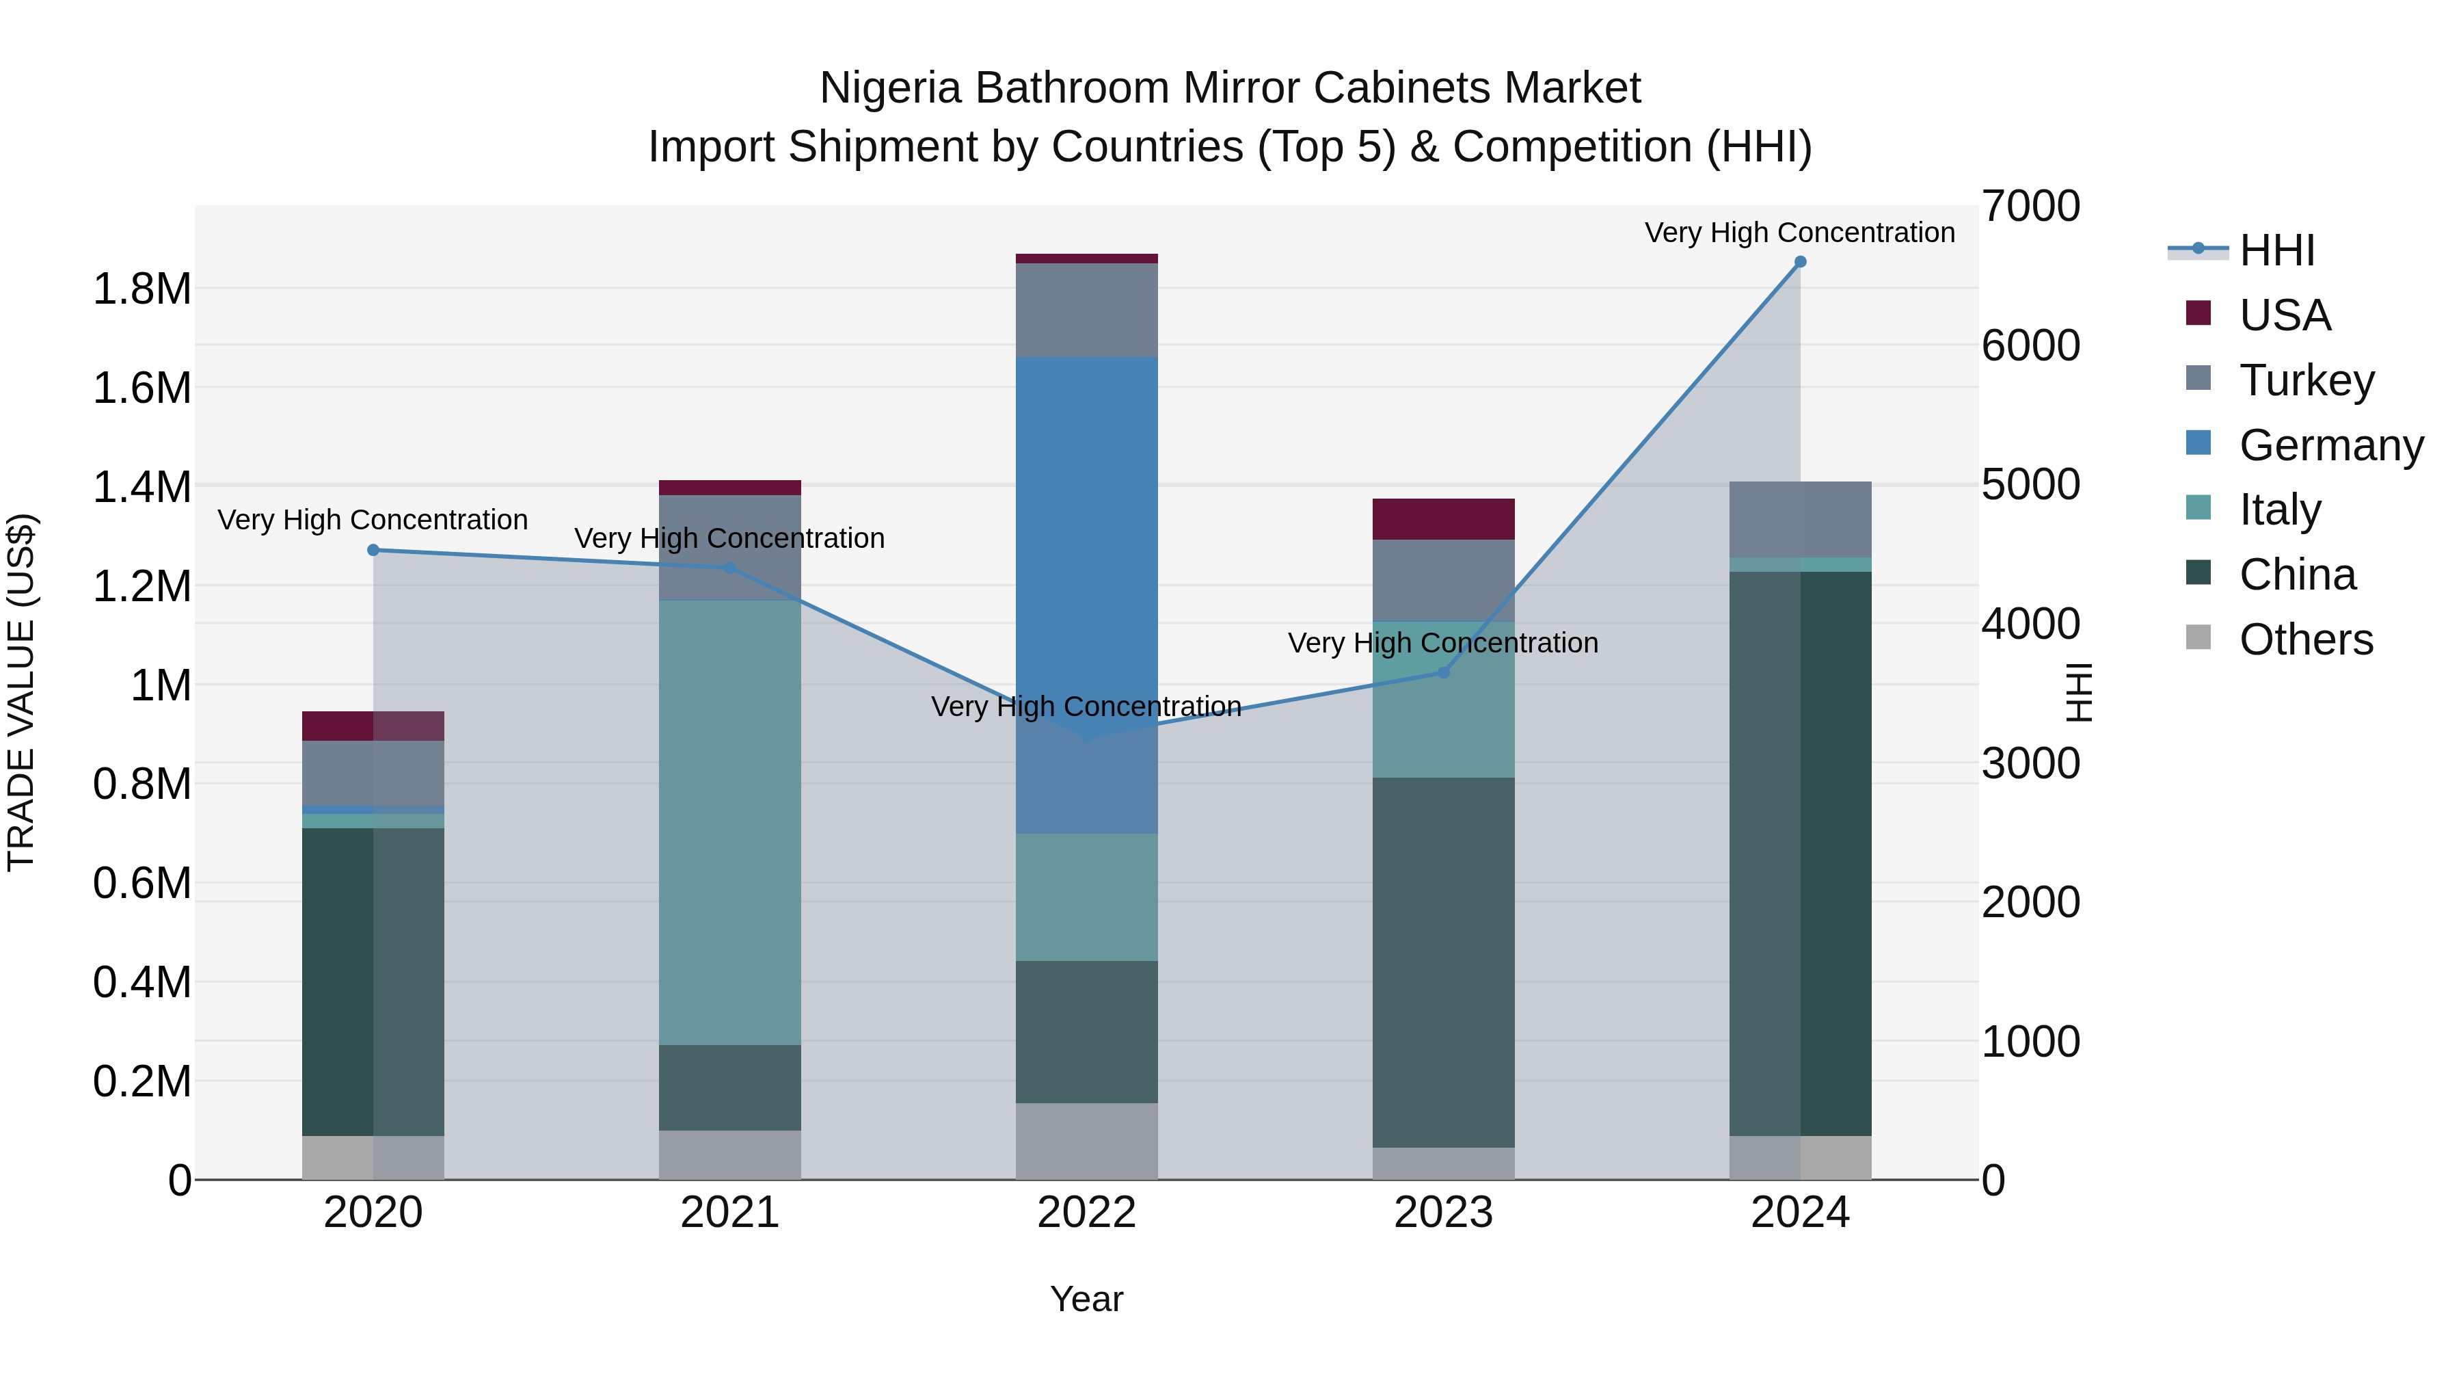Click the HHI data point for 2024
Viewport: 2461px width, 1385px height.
1800,262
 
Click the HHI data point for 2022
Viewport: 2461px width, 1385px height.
1086,737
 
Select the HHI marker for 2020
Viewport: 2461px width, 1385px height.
373,550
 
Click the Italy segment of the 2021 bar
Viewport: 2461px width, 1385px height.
730,822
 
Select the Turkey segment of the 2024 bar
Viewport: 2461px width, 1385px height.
1800,519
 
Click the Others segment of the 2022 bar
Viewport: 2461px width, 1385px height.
1086,1142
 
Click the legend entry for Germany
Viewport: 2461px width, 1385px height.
2330,445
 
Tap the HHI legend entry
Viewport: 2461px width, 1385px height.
2276,250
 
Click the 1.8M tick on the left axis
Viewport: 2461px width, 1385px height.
142,289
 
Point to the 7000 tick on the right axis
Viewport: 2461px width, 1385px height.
2030,207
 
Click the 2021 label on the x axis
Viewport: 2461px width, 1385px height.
730,1213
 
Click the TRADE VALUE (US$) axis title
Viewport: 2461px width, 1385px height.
21,692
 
